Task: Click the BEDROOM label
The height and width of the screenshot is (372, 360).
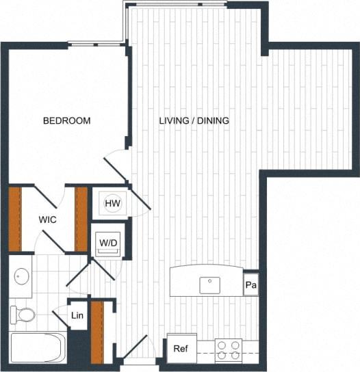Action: [x=66, y=121]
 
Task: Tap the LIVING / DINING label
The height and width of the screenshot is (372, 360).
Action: [x=194, y=121]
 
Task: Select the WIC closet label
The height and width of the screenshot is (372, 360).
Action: [x=47, y=220]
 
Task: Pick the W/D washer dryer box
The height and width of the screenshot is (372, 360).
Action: [x=107, y=243]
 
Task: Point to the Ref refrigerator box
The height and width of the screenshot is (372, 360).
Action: [x=181, y=349]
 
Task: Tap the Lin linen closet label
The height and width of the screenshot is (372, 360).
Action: [x=78, y=316]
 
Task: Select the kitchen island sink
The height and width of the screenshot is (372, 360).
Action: [x=209, y=284]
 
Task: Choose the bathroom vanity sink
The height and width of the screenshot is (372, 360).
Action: [x=21, y=277]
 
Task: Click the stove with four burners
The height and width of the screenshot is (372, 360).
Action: [x=228, y=350]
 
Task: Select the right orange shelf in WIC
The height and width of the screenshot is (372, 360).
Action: [x=81, y=219]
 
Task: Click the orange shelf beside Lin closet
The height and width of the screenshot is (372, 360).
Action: [x=97, y=331]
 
